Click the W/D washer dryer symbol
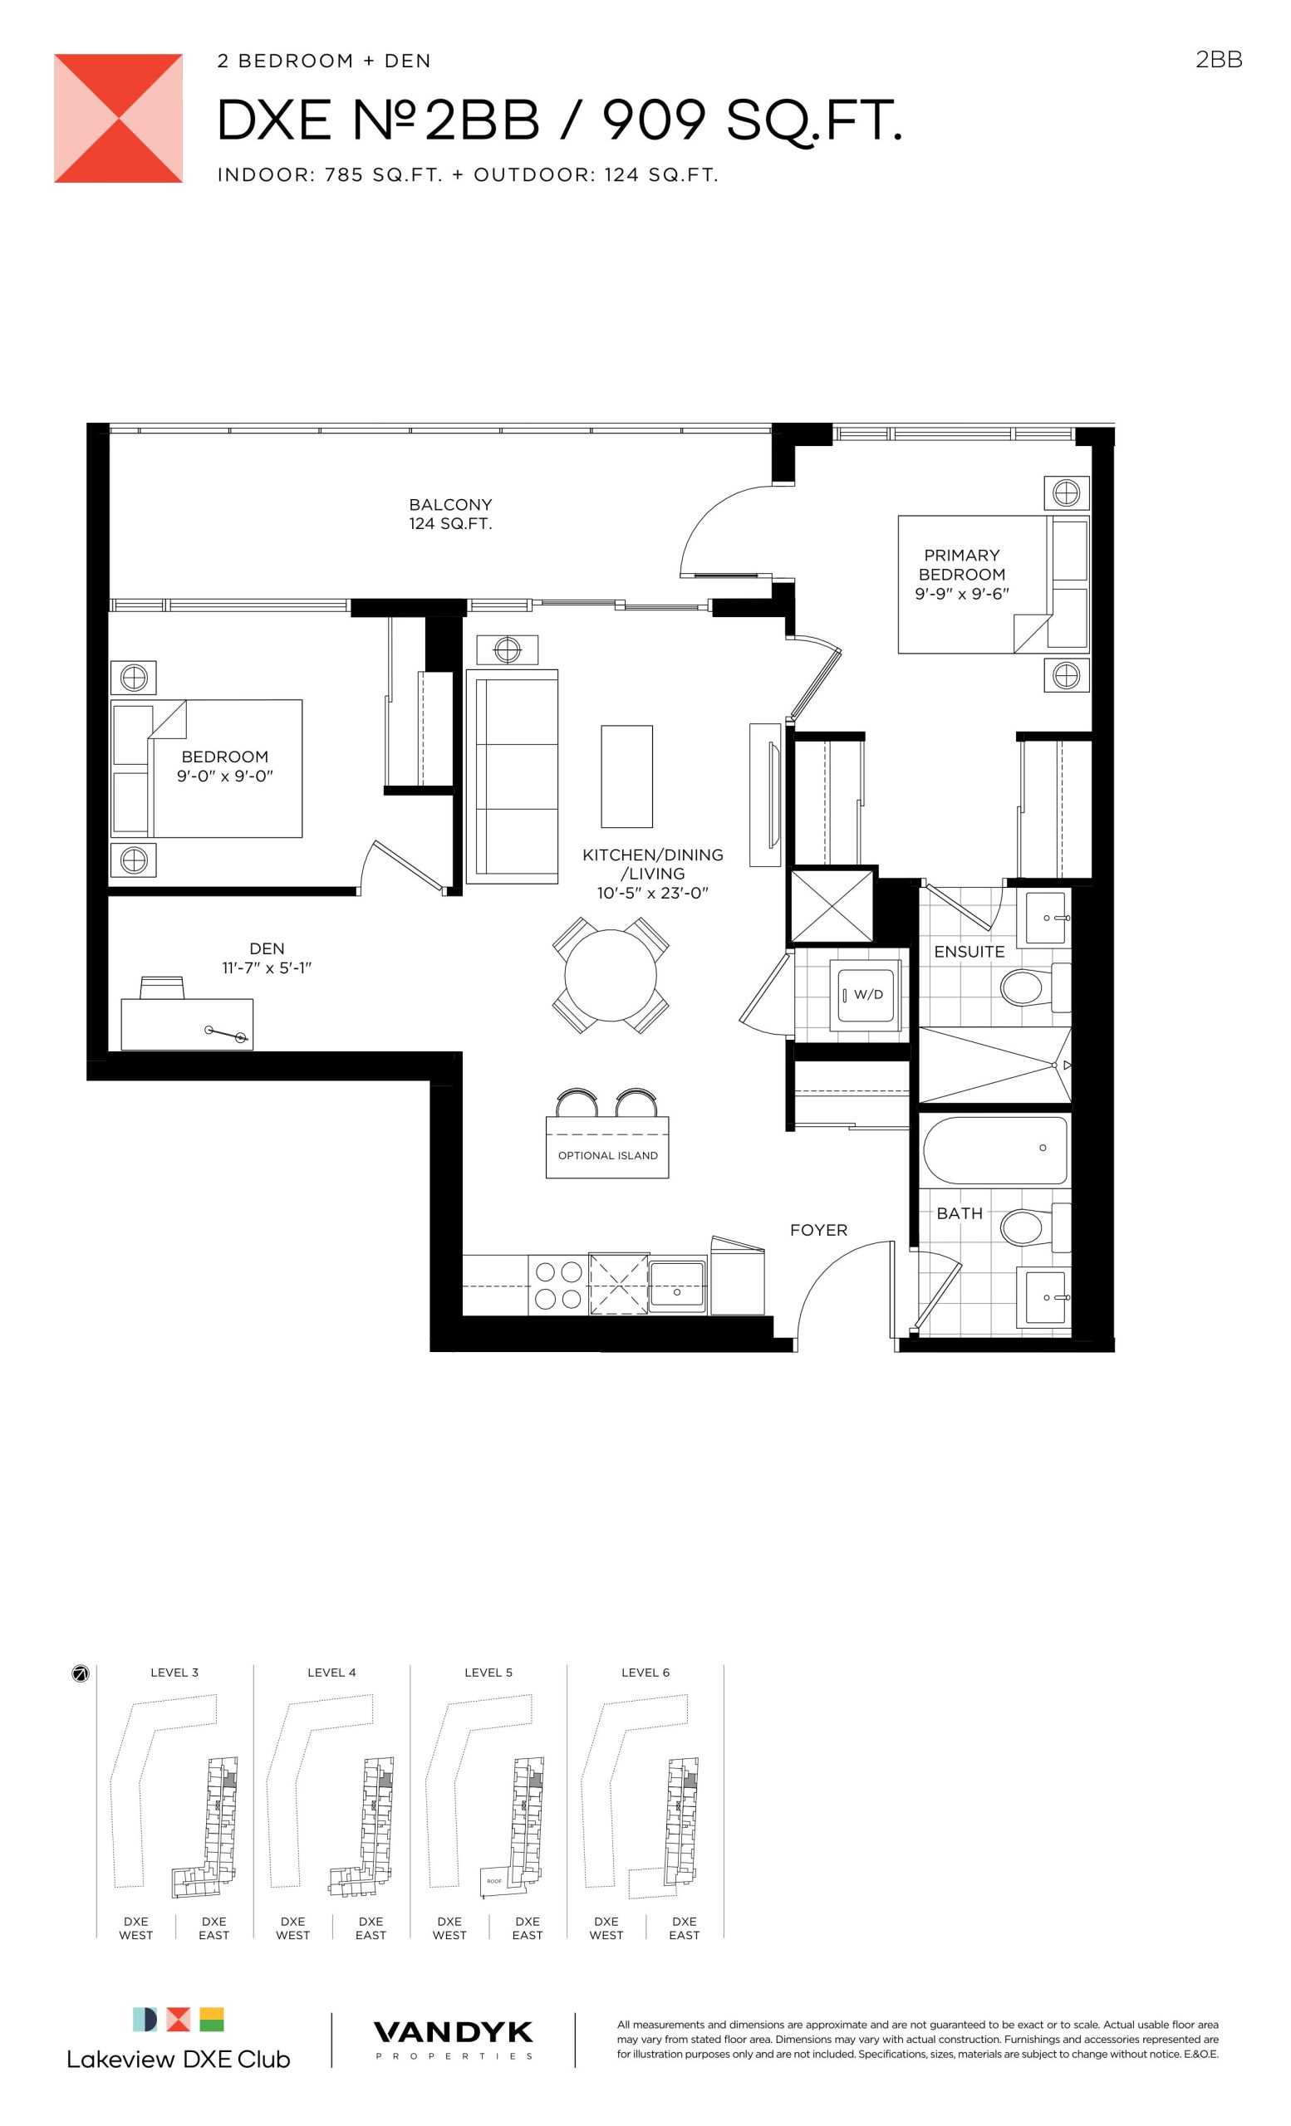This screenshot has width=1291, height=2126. pyautogui.click(x=864, y=995)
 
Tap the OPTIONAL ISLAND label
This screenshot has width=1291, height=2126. pyautogui.click(x=607, y=1155)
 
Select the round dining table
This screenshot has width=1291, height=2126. pyautogui.click(x=610, y=975)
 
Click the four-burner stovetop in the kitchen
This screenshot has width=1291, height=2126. pyautogui.click(x=558, y=1285)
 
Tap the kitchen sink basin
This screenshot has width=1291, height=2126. pyautogui.click(x=677, y=1286)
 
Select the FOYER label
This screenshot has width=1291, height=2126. pyautogui.click(x=818, y=1230)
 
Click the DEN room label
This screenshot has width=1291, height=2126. pyautogui.click(x=267, y=948)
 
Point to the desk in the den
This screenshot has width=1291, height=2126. pyautogui.click(x=186, y=1024)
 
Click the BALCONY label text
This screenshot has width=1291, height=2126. pyautogui.click(x=450, y=504)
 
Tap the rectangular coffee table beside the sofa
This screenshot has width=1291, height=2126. pyautogui.click(x=626, y=776)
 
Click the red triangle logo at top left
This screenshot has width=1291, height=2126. pyautogui.click(x=118, y=118)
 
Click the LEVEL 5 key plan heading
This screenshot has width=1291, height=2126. pyautogui.click(x=488, y=1673)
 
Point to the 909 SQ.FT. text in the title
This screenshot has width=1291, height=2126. pyautogui.click(x=752, y=120)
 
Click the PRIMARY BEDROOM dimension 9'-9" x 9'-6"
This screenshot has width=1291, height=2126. pyautogui.click(x=961, y=594)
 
